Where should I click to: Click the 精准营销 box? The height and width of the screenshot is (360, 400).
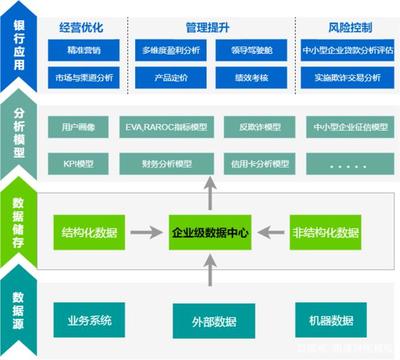click(x=89, y=47)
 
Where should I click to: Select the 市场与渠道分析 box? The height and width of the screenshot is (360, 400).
click(x=89, y=76)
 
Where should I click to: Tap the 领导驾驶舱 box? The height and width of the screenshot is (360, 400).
click(x=239, y=47)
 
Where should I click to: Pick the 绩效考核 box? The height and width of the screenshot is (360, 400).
click(x=239, y=76)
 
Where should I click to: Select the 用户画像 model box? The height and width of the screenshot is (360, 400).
click(x=76, y=128)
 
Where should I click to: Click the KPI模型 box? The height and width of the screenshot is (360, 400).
click(x=76, y=160)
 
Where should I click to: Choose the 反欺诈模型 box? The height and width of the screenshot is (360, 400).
click(x=243, y=128)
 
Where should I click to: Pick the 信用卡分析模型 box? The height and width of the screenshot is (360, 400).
click(x=243, y=160)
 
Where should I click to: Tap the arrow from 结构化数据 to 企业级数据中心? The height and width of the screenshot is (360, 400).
click(x=146, y=232)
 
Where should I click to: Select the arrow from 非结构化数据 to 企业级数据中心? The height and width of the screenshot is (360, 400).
click(x=271, y=232)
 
